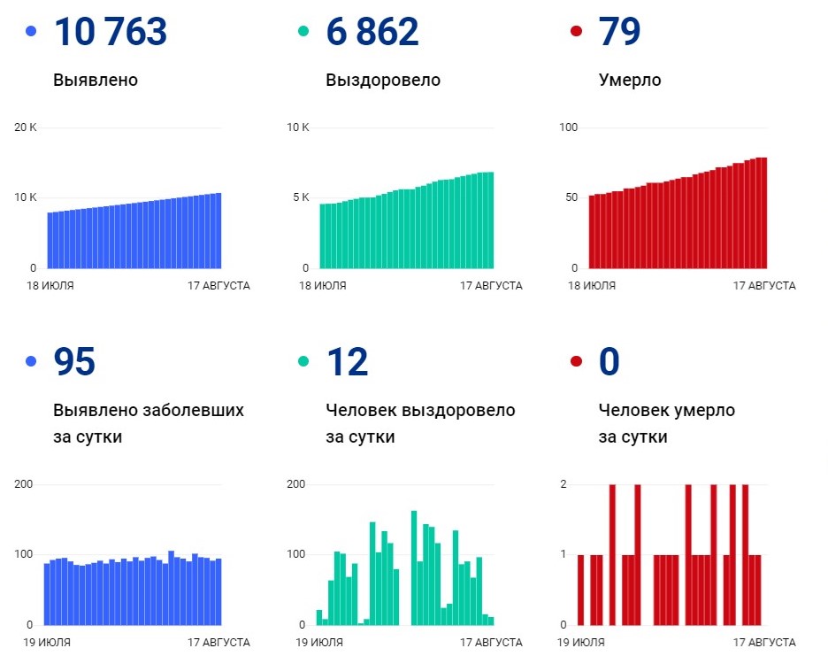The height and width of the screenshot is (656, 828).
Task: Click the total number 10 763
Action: (x=111, y=32)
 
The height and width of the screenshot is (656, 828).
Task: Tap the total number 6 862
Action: (x=372, y=32)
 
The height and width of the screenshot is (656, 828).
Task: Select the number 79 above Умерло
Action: (x=619, y=32)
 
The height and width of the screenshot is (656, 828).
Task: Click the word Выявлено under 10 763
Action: (x=96, y=81)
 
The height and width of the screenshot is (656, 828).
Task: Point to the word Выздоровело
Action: (x=383, y=81)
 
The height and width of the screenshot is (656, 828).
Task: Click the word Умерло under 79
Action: (x=630, y=81)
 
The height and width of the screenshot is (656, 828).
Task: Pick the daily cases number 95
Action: (x=74, y=362)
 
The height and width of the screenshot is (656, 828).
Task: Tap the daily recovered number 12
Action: (x=347, y=362)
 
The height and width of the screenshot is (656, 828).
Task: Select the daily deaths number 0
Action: (x=609, y=362)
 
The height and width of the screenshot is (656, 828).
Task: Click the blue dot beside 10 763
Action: (x=32, y=32)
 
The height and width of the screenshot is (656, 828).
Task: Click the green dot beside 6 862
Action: (x=304, y=32)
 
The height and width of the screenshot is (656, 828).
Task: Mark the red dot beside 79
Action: (x=577, y=32)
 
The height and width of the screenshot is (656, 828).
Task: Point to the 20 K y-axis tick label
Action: (x=26, y=127)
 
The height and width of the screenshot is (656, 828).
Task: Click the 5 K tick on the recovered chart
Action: (x=299, y=197)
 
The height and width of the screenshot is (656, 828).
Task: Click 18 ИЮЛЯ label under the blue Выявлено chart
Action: (x=50, y=286)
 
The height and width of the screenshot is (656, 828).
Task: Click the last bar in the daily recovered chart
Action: (x=491, y=621)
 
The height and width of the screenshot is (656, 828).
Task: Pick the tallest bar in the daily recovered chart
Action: (x=413, y=567)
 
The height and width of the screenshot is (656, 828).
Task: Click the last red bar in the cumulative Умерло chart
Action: (x=763, y=212)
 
